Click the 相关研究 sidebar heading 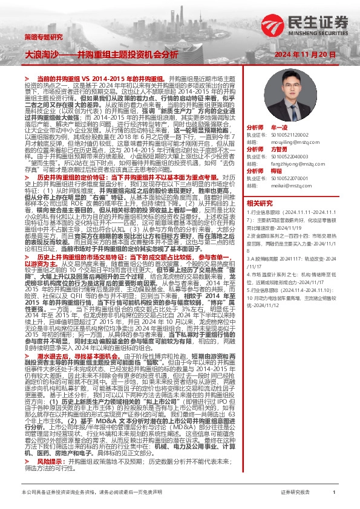(258, 203)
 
